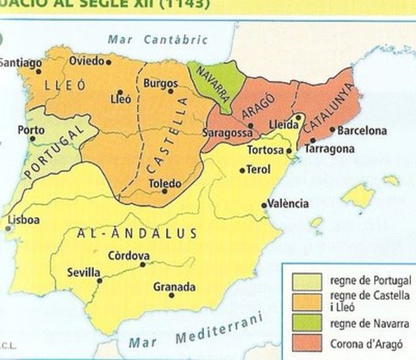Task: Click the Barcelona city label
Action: [362, 130]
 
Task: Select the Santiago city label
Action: [19, 63]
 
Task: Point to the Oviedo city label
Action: [86, 60]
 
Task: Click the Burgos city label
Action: [160, 82]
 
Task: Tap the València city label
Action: [289, 204]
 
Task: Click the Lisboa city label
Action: [24, 220]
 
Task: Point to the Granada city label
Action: [174, 286]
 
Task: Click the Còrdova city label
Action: [128, 255]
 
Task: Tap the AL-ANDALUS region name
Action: [137, 233]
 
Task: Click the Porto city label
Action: [31, 130]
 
